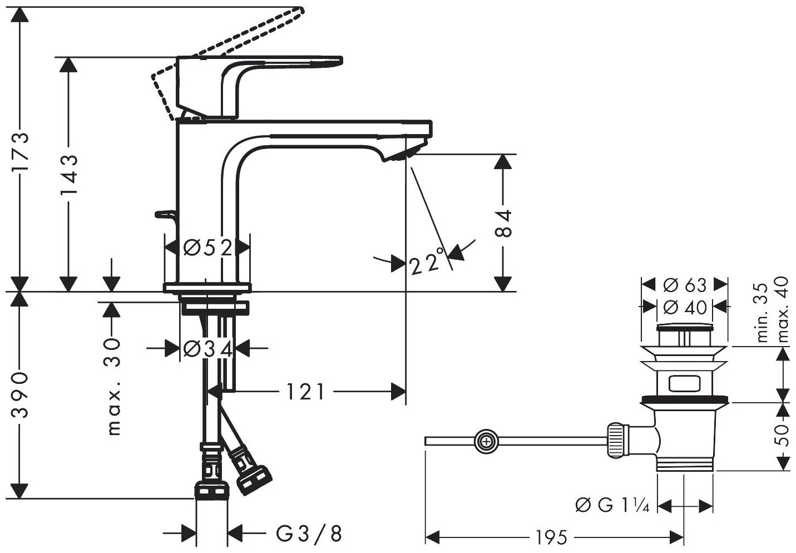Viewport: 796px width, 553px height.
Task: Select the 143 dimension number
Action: (x=68, y=176)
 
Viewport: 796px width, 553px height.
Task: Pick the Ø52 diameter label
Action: (x=207, y=248)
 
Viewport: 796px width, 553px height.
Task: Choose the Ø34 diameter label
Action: (x=207, y=349)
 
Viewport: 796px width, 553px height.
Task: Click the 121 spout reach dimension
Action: (x=305, y=392)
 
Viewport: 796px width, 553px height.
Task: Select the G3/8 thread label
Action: (x=309, y=534)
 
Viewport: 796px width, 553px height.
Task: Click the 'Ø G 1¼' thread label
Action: (x=615, y=506)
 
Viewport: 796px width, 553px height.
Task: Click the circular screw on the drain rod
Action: (x=487, y=442)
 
